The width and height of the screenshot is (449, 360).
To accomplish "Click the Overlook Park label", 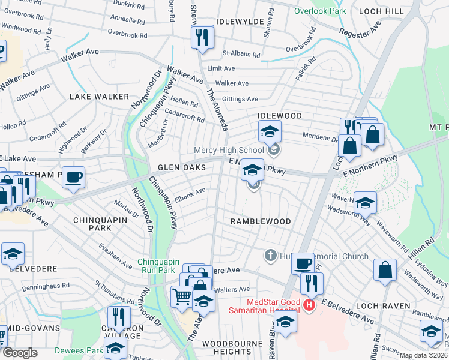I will [321, 11].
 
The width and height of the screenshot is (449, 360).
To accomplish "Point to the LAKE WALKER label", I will [99, 97].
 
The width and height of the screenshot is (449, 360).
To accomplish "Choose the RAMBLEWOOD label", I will [261, 221].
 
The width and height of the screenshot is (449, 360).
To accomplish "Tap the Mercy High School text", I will [229, 150].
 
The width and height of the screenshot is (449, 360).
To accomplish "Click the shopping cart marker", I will [182, 295].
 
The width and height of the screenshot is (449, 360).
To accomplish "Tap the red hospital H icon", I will [309, 305].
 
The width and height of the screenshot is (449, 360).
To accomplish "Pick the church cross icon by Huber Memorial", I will [270, 256].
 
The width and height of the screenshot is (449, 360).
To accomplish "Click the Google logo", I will [20, 353].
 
